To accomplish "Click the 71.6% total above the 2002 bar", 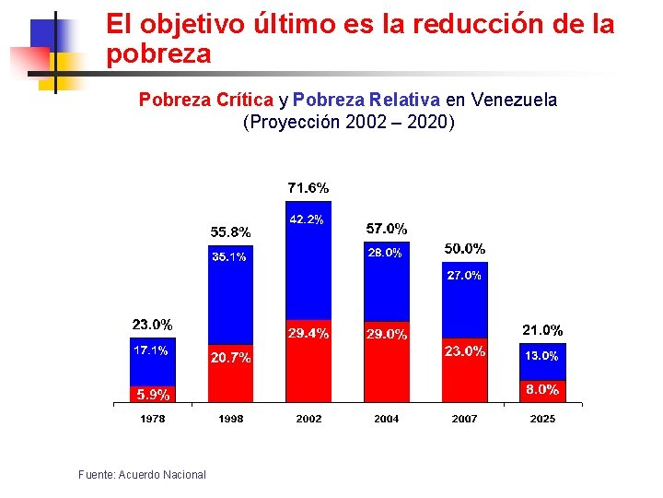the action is [308, 187].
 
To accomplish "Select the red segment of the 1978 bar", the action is [153, 395].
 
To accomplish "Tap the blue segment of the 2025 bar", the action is [542, 362].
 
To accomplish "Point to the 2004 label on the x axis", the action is [387, 419].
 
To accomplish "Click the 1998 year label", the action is [231, 419].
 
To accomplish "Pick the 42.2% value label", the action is [307, 219].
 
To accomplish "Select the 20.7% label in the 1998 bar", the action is [230, 358].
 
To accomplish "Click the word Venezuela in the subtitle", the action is [514, 100].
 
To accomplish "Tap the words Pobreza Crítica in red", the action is [206, 100].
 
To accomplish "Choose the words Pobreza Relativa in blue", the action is [366, 100].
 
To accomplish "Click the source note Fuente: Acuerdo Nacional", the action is [142, 475].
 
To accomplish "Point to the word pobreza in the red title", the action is [158, 54].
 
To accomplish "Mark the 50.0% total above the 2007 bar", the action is [465, 249].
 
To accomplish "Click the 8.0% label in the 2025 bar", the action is [542, 389].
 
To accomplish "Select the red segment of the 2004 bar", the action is [387, 362].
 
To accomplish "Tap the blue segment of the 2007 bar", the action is [465, 300].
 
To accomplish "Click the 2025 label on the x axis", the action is [542, 419].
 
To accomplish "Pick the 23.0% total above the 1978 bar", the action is [152, 325].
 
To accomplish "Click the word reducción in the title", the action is [478, 24].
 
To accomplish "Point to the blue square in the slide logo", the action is [47, 36].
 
